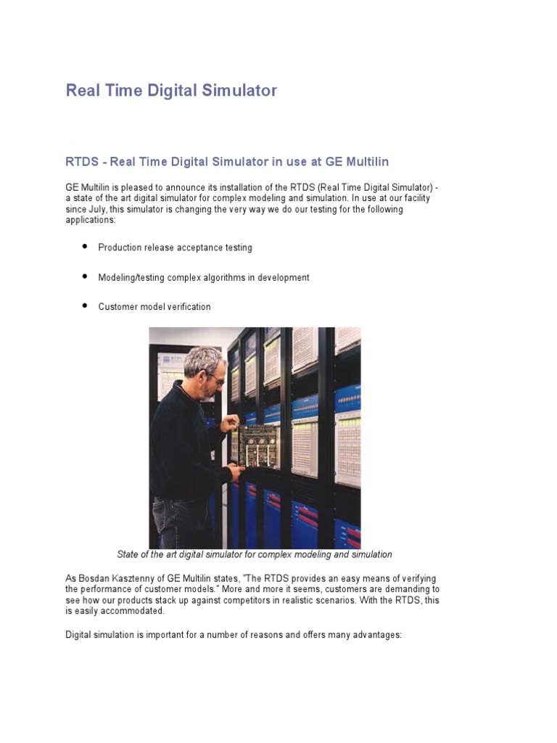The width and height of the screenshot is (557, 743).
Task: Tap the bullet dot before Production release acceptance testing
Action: point(84,247)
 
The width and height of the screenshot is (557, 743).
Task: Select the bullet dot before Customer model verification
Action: point(84,306)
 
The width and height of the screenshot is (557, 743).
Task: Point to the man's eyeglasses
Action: point(215,377)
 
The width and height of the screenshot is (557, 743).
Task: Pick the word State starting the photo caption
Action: point(129,554)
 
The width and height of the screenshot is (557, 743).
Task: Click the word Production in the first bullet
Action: point(120,247)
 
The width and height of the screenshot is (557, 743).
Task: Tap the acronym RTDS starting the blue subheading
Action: point(82,160)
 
